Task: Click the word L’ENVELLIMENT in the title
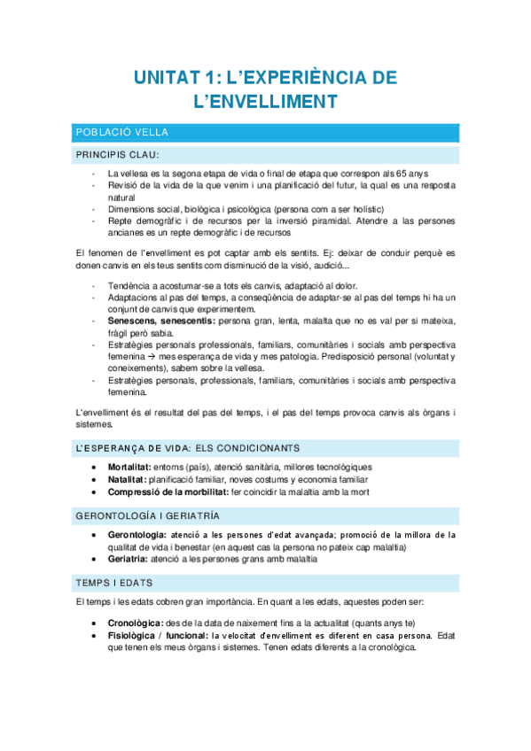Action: (265, 104)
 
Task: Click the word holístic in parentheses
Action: (343, 209)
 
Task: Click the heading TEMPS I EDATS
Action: (114, 583)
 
